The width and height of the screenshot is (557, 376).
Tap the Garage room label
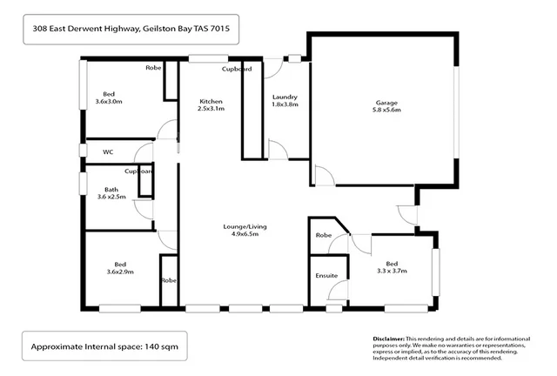click(x=386, y=102)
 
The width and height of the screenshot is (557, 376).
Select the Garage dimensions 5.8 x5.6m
click(x=386, y=111)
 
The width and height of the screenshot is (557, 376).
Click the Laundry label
click(x=285, y=97)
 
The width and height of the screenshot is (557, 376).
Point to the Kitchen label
click(x=211, y=101)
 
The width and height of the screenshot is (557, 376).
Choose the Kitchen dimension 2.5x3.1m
click(x=211, y=110)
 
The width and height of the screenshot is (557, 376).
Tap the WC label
click(x=108, y=151)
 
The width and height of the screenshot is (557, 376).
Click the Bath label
click(x=111, y=189)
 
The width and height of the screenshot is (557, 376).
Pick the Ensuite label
click(x=326, y=276)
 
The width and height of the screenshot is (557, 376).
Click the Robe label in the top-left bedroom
click(x=155, y=68)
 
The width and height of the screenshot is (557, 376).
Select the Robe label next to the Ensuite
click(x=324, y=235)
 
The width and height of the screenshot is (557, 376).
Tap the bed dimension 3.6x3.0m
click(x=109, y=102)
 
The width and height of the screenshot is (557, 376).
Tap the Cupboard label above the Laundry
click(x=237, y=68)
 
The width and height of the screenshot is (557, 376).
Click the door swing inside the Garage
click(x=324, y=175)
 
